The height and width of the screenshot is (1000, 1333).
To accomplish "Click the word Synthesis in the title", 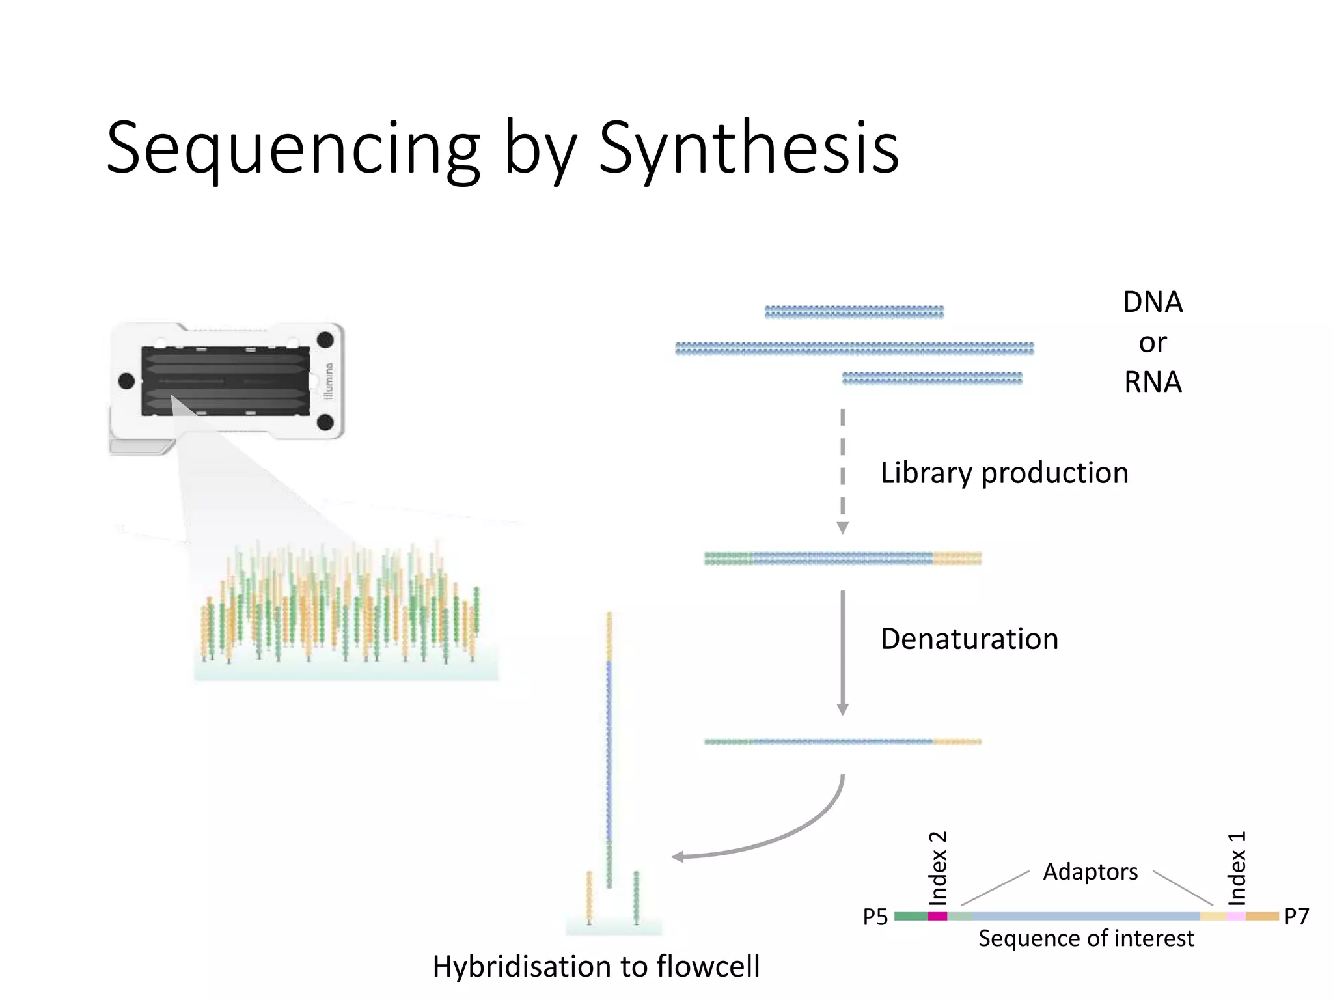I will pos(749,148).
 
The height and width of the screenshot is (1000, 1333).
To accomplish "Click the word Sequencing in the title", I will pos(293,148).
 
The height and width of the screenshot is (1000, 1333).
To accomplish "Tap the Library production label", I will pos(1004,473).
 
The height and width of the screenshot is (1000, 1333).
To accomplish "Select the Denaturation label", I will pos(969,639).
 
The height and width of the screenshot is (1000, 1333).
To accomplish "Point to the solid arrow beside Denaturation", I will pos(842,651).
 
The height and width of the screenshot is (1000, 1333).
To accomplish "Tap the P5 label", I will pos(875,917).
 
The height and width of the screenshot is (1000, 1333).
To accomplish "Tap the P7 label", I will pos(1296,917).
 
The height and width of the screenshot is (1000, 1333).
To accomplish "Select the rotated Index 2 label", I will pos(937,868).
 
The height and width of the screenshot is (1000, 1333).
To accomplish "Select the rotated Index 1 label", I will pos(1237,868).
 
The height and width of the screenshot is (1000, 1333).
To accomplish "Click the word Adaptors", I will pos(1090,872).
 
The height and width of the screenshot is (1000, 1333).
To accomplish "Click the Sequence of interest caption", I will pos(1086,938).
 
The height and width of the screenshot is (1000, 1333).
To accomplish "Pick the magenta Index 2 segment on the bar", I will pos(937,916).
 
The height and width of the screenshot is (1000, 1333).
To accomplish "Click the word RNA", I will pos(1153,382).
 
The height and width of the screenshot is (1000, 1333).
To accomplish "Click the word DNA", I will pos(1153,302).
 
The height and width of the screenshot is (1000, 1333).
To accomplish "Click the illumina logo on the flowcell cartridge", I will pos(329,381).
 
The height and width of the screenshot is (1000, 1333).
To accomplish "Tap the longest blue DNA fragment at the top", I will pos(854,349).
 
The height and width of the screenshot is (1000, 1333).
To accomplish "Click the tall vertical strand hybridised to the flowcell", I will pos(609,749).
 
